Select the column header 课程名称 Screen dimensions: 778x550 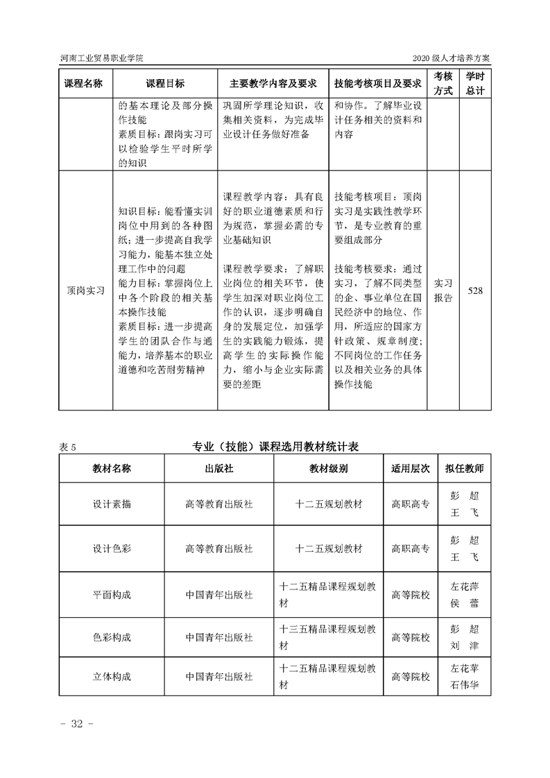(84, 83)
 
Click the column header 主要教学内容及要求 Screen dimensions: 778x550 (273, 83)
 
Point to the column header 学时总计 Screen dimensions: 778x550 (475, 83)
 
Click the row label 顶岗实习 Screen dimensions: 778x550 (85, 291)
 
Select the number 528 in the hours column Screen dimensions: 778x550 (475, 291)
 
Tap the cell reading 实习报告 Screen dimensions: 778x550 (443, 291)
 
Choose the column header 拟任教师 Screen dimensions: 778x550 (464, 468)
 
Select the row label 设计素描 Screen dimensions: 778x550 (112, 504)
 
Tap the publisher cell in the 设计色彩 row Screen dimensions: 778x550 (219, 548)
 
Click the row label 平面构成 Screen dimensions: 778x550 (112, 595)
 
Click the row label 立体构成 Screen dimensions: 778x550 (112, 676)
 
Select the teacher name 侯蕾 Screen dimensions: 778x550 (464, 603)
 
